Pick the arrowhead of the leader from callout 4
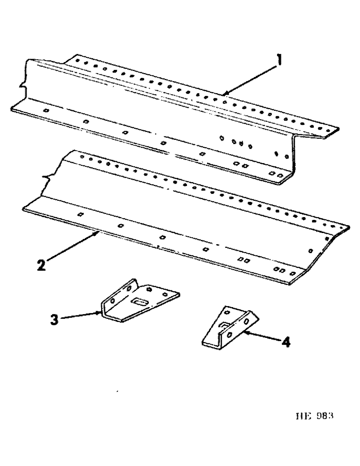tap(243, 333)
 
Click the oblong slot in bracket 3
tap(139, 302)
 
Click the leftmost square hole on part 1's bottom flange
tap(46, 111)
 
